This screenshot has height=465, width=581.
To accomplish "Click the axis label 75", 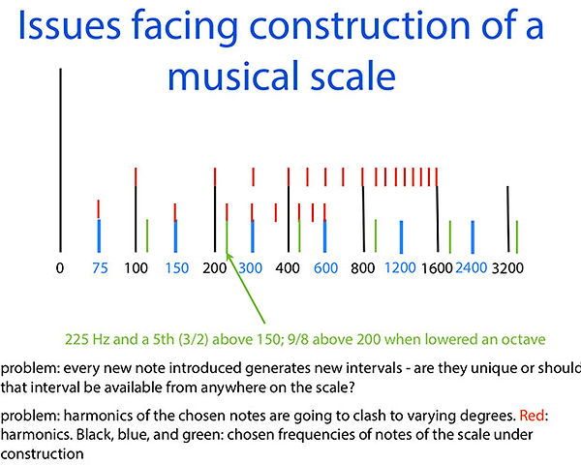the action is (100, 267).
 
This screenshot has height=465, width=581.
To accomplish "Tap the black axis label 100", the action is (136, 267).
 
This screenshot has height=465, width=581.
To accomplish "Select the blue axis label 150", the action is (177, 267).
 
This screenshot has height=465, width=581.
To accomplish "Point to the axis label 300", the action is (251, 267).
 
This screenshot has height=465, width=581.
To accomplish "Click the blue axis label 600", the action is (325, 267).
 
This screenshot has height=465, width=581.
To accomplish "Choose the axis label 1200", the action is (400, 267).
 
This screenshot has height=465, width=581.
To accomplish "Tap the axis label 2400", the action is (471, 267).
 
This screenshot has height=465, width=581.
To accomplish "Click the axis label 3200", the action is (507, 267).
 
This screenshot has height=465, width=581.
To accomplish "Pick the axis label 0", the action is (60, 267).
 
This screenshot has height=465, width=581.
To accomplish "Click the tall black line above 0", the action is (61, 160).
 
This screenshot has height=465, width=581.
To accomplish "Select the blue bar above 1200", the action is (401, 237).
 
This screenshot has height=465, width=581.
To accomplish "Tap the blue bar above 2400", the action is (473, 237).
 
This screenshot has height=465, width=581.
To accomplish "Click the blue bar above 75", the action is (99, 235).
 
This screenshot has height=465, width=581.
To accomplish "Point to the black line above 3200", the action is (508, 219).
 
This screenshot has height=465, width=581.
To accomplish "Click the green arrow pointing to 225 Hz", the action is (246, 288).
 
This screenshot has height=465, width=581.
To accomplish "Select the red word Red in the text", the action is (532, 416).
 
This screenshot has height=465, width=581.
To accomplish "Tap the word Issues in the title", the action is (70, 25).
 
